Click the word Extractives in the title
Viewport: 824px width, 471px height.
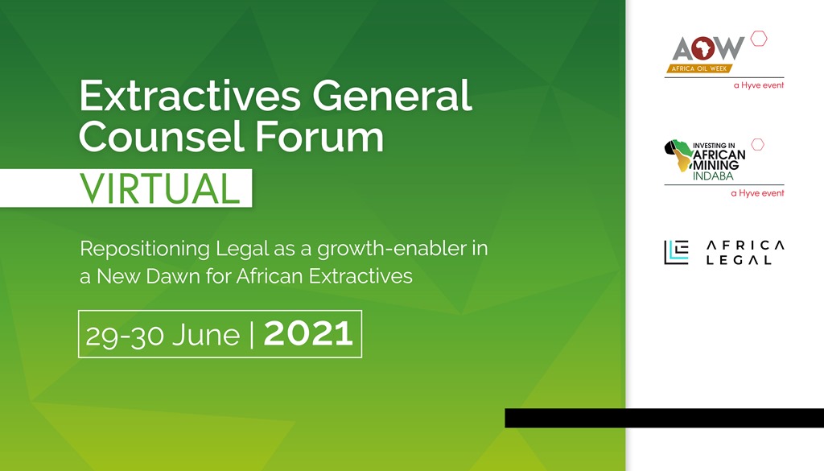tap(190, 95)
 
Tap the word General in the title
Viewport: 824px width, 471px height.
tap(392, 95)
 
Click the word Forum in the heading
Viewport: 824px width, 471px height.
tap(319, 136)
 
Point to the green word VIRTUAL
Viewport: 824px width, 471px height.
tap(160, 188)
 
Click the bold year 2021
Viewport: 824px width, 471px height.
tap(308, 333)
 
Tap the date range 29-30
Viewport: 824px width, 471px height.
tap(125, 336)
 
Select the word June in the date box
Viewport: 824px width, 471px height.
tap(205, 334)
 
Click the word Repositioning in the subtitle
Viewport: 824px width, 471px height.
tap(145, 249)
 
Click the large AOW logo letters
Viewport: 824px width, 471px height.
tap(708, 49)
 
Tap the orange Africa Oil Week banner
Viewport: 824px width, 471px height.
tap(700, 68)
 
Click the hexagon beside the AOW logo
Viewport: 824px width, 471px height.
tap(758, 39)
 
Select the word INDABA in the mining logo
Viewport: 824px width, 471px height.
tap(713, 176)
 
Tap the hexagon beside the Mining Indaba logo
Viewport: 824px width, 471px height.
tap(757, 145)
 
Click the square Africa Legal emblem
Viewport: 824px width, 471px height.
tap(676, 252)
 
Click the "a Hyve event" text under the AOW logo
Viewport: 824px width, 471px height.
tap(759, 85)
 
